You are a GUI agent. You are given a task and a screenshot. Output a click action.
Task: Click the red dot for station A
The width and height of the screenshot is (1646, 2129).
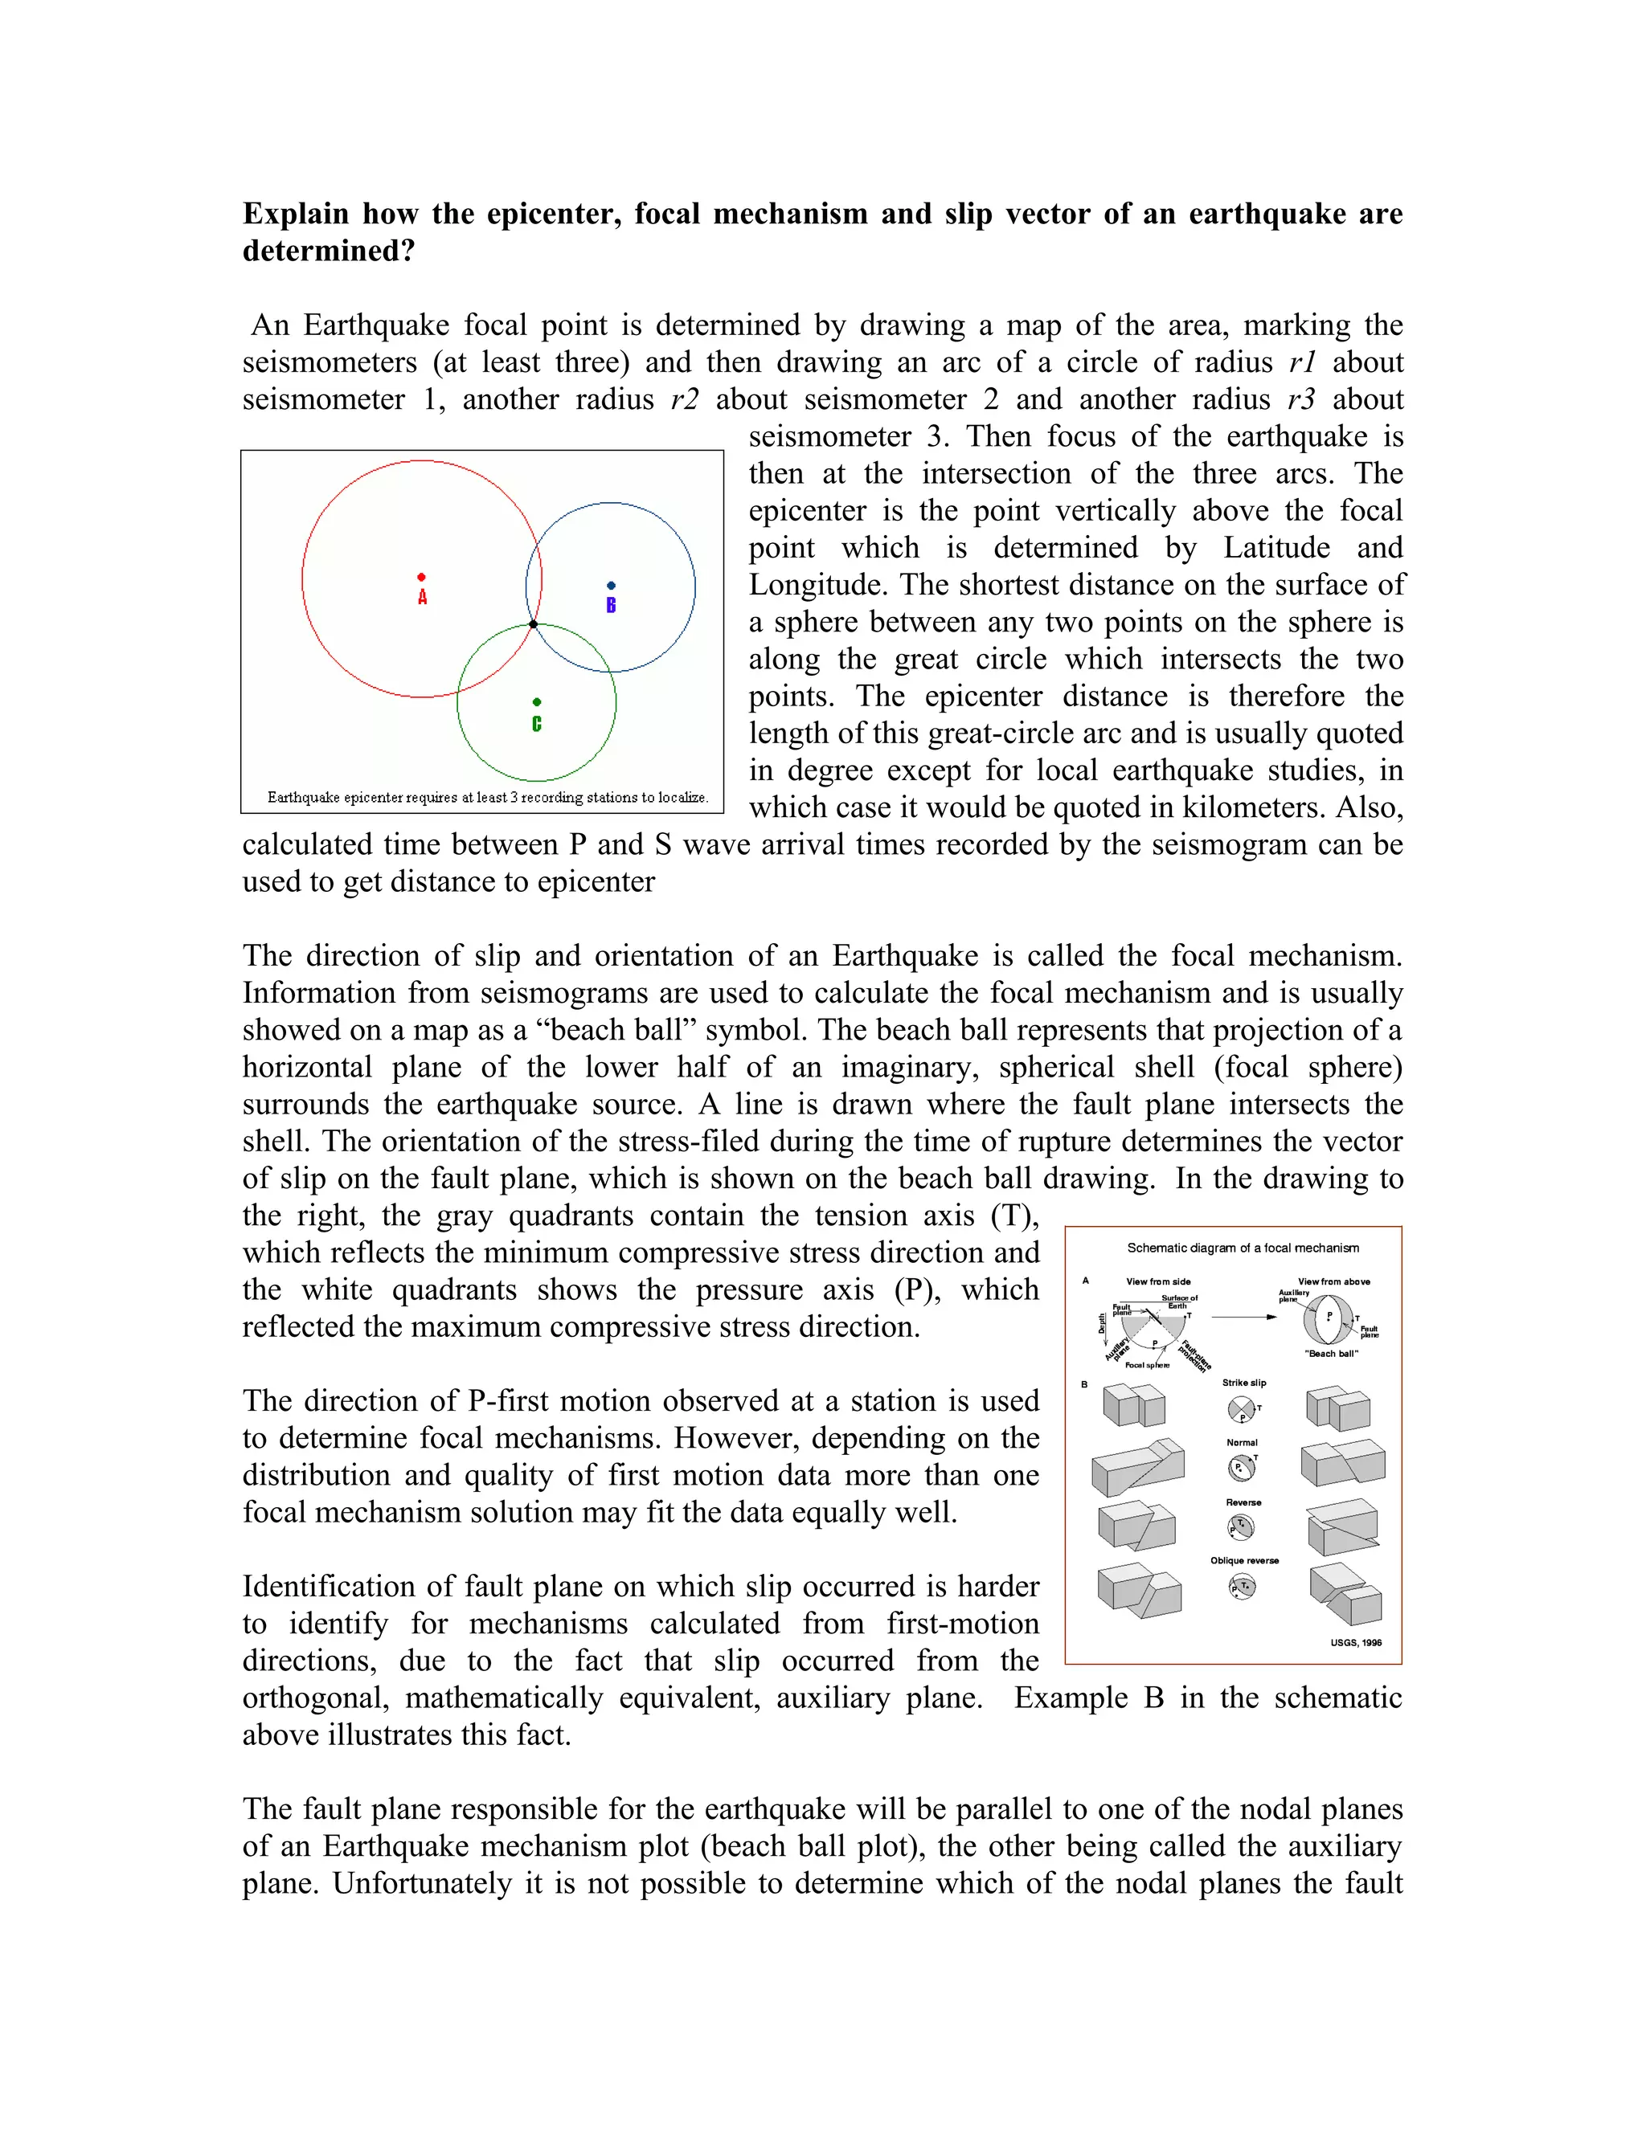421,577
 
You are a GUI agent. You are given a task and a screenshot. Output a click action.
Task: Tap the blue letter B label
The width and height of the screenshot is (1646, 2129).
612,606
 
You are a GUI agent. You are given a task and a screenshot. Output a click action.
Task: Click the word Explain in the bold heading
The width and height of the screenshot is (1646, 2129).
296,214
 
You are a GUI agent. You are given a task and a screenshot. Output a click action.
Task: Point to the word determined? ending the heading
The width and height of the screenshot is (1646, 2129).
329,251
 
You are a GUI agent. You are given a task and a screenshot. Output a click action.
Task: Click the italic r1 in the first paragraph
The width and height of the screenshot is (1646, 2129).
1303,362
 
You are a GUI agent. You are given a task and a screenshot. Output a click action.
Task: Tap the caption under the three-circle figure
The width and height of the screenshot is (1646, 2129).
486,798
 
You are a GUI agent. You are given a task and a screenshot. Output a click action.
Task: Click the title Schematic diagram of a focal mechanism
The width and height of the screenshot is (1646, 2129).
1243,1248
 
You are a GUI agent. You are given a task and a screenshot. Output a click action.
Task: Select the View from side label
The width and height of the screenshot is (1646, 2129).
1157,1282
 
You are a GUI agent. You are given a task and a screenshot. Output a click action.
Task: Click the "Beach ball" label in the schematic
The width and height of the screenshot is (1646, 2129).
1331,1353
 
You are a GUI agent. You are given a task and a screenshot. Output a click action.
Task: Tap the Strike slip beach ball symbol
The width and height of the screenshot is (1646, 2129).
1241,1408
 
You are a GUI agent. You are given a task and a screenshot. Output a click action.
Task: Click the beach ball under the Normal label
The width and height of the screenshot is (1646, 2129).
1240,1468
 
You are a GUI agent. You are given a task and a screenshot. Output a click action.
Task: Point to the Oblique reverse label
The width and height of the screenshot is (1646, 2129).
1244,1561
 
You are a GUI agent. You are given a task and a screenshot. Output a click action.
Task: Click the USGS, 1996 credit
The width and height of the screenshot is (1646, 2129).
1355,1643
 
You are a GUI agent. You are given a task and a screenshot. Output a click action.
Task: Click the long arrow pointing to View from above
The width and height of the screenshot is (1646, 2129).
1244,1317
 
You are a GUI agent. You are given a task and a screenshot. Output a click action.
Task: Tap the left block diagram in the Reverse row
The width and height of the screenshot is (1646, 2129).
1137,1526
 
